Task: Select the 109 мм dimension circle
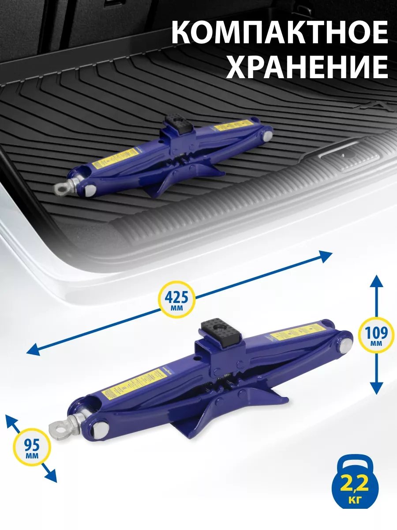click(x=376, y=334)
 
